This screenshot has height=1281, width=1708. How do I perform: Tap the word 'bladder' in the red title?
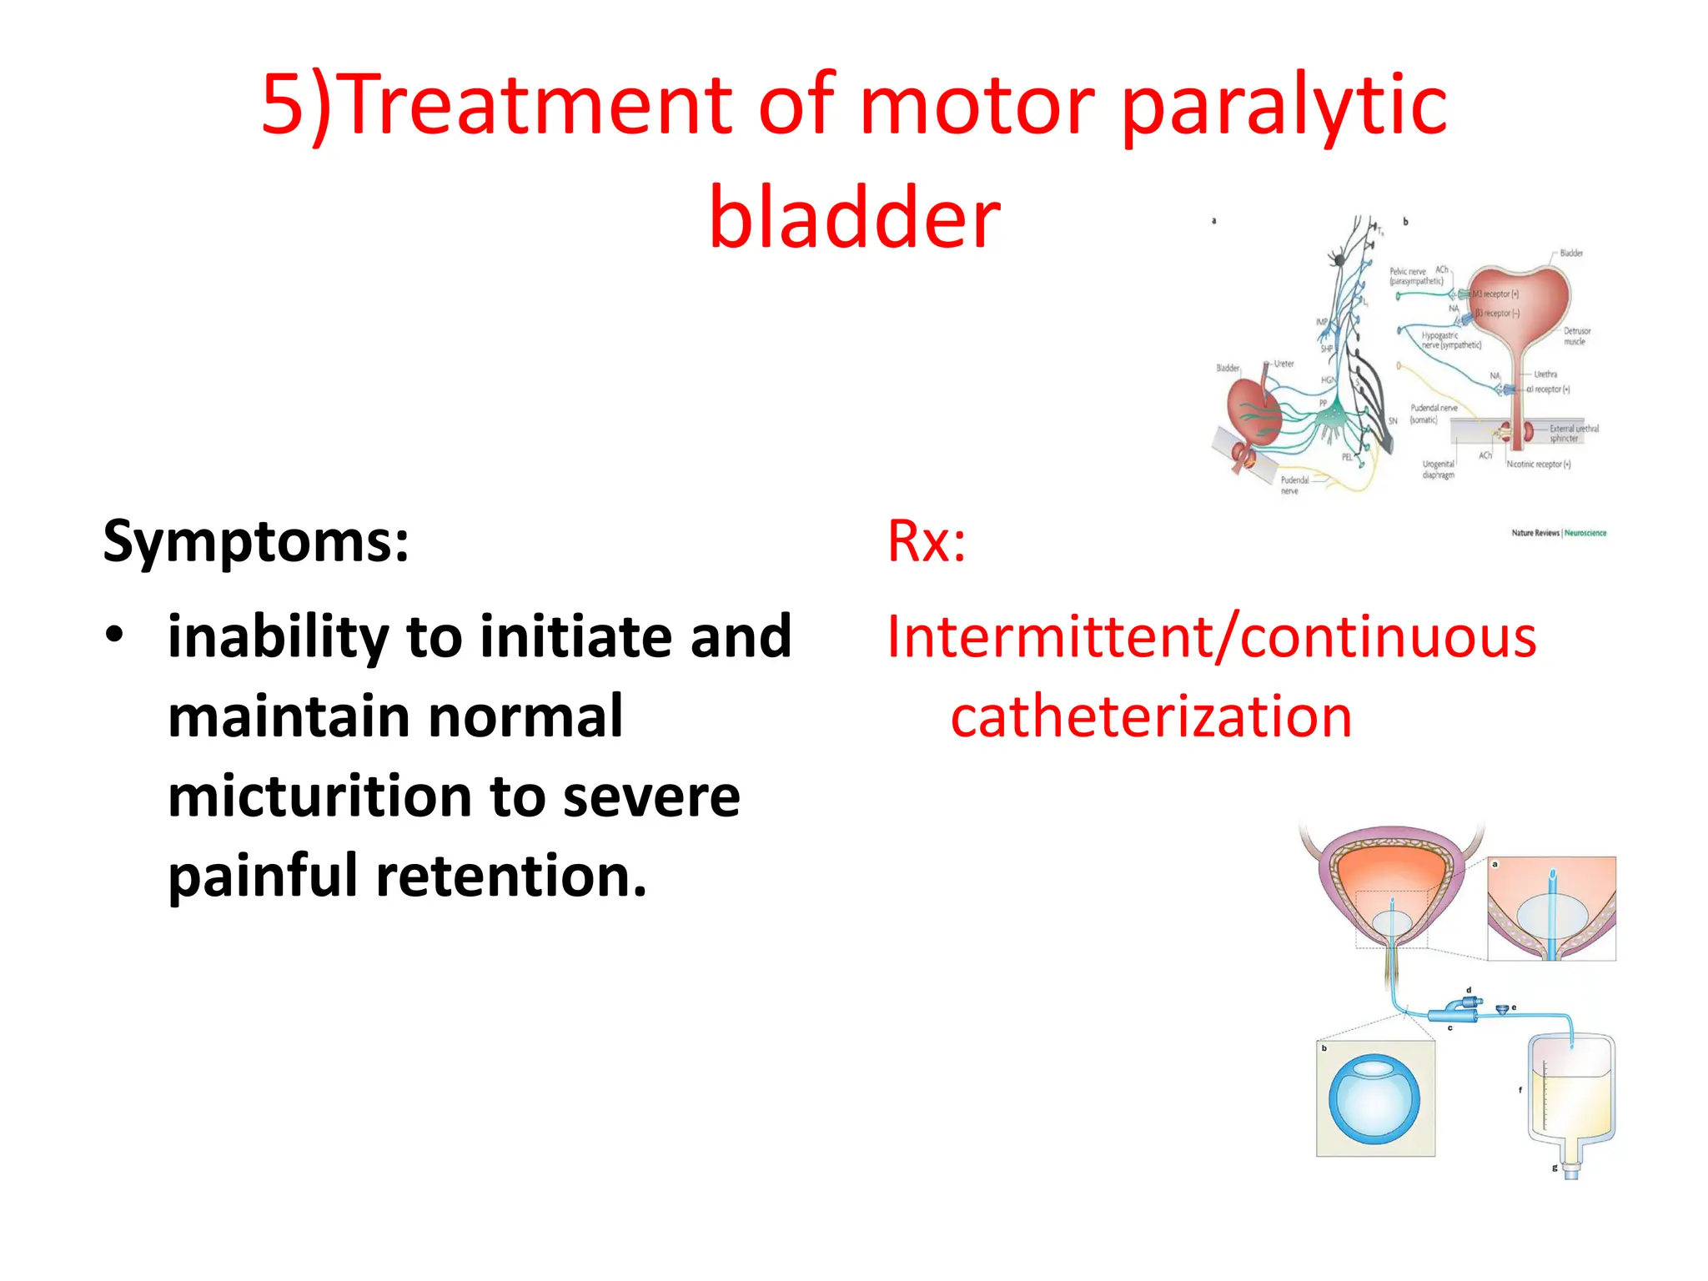pyautogui.click(x=854, y=217)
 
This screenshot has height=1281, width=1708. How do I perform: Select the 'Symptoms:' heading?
pyautogui.click(x=256, y=541)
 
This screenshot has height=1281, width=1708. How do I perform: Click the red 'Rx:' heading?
pyautogui.click(x=926, y=541)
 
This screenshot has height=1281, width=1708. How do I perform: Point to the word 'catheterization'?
pyautogui.click(x=1151, y=717)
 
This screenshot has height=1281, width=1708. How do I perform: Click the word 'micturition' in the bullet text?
pyautogui.click(x=320, y=796)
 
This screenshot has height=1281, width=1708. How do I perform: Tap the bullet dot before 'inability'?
pyautogui.click(x=114, y=635)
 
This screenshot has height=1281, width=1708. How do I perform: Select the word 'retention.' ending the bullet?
pyautogui.click(x=510, y=877)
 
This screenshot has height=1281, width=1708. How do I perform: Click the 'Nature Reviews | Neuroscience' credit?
pyautogui.click(x=1558, y=532)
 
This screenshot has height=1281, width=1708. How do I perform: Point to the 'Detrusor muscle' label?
pyautogui.click(x=1576, y=336)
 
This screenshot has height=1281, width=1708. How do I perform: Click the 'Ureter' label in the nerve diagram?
pyautogui.click(x=1284, y=364)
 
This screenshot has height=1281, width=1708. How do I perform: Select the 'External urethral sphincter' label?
pyautogui.click(x=1573, y=433)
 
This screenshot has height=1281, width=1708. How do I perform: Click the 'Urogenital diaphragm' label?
pyautogui.click(x=1438, y=470)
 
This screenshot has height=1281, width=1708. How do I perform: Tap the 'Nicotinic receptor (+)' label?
pyautogui.click(x=1538, y=465)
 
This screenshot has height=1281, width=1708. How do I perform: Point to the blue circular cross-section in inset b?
pyautogui.click(x=1374, y=1101)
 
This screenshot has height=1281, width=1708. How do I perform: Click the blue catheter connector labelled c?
pyautogui.click(x=1452, y=1013)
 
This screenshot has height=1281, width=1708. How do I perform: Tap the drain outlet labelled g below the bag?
pyautogui.click(x=1571, y=1169)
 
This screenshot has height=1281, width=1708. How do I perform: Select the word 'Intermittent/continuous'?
pyautogui.click(x=1211, y=637)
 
